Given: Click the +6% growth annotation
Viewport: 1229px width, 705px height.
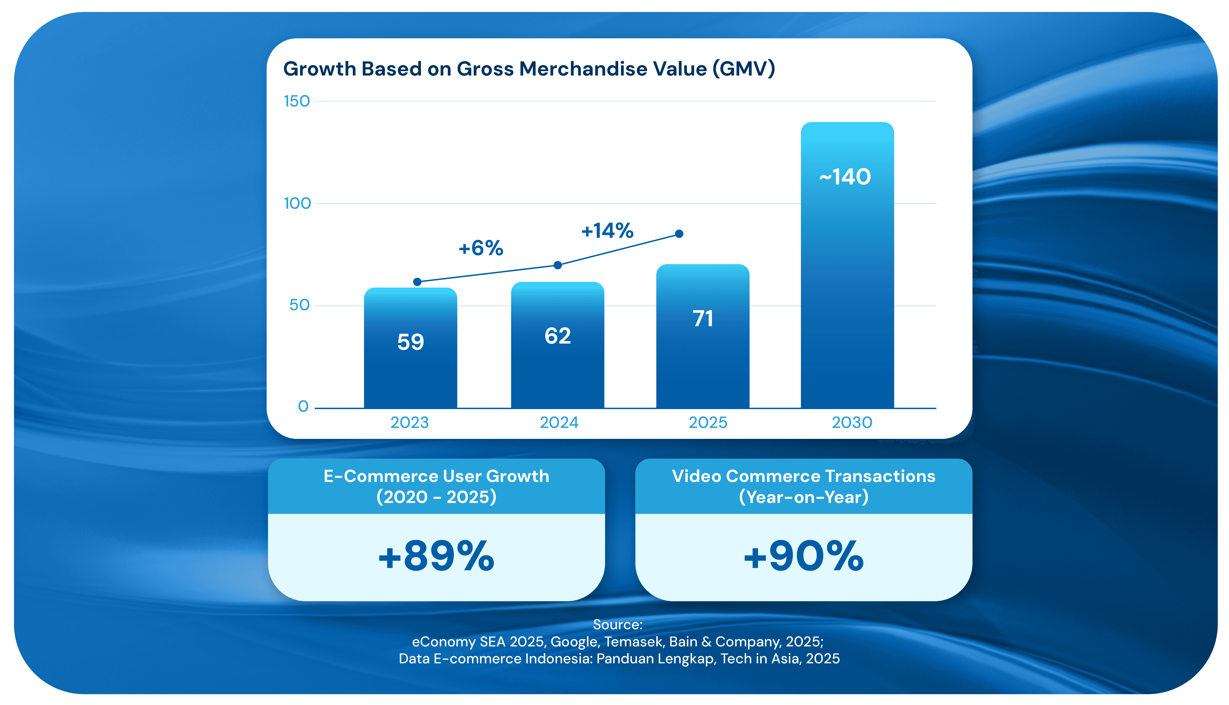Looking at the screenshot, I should tap(481, 249).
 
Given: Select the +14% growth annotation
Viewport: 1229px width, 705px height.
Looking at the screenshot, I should tap(607, 231).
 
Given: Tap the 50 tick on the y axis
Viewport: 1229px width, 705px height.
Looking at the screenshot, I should tap(299, 305).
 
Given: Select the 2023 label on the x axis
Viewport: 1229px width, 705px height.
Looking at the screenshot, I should tap(410, 423).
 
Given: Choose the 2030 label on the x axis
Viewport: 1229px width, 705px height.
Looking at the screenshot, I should tap(852, 423).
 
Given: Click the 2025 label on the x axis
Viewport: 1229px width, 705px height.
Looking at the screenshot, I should tap(708, 423).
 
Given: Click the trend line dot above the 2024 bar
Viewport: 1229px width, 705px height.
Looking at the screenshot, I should tap(558, 265).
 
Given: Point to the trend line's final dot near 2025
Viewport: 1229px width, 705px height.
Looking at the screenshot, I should tap(679, 234).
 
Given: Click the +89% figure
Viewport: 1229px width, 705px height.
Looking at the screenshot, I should tap(436, 556).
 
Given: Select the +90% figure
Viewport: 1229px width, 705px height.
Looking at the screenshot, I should tap(804, 556).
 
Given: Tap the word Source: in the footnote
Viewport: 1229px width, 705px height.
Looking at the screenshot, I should tap(618, 625).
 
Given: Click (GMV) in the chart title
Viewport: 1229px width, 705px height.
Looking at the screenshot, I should tap(743, 69).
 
